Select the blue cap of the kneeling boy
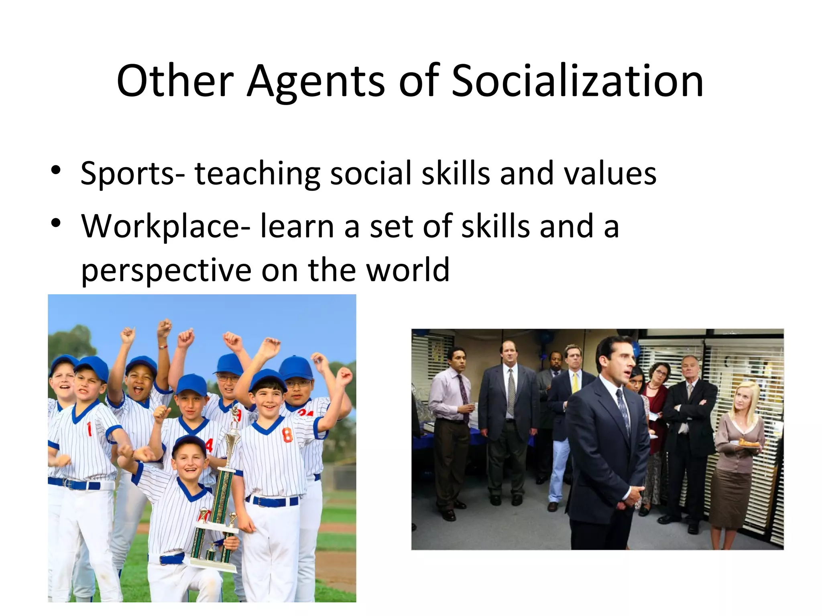click(x=189, y=444)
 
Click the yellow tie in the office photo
click(x=575, y=383)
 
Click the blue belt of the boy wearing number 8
click(x=273, y=501)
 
